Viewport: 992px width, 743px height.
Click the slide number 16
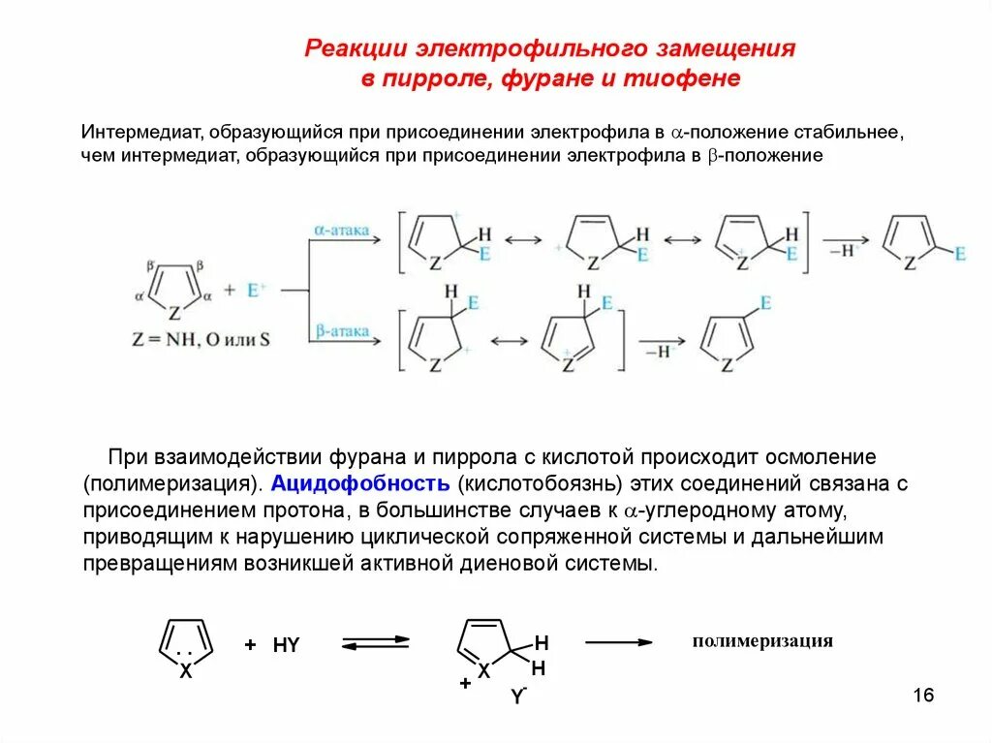[x=922, y=696]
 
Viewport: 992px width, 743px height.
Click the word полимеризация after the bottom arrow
[x=761, y=641]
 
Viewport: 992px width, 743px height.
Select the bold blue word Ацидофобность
[x=360, y=482]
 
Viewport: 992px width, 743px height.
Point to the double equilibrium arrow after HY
[x=375, y=642]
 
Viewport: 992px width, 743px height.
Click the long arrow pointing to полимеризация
[x=618, y=641]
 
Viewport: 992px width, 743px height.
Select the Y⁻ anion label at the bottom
[x=518, y=697]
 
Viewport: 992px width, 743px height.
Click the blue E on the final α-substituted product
[x=960, y=254]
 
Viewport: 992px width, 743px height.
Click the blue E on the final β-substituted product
[x=765, y=303]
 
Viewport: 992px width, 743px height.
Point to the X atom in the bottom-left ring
[x=186, y=670]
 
